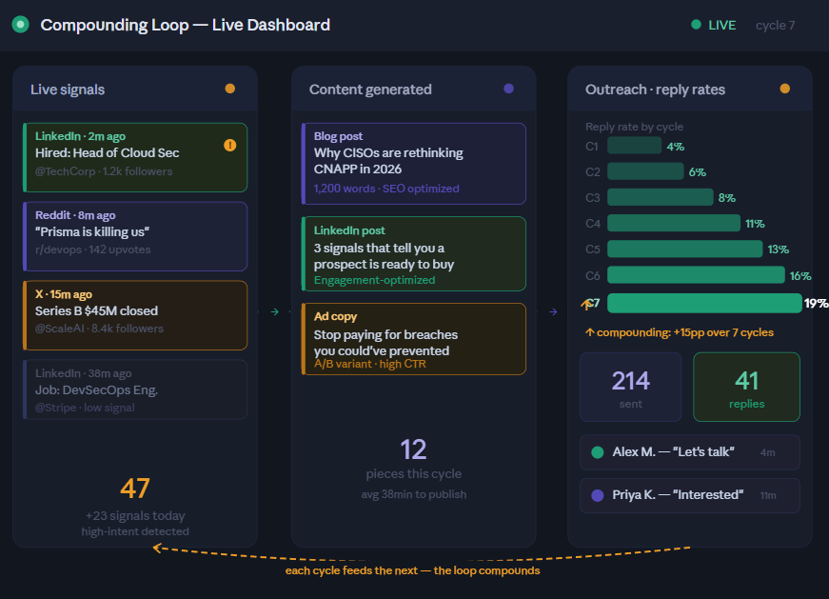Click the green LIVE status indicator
pyautogui.click(x=714, y=25)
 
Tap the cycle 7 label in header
pyautogui.click(x=775, y=26)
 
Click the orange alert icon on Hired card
pyautogui.click(x=229, y=146)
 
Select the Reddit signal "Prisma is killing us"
pyautogui.click(x=92, y=231)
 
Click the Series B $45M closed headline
pyautogui.click(x=96, y=310)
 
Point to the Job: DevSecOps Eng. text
pyautogui.click(x=96, y=389)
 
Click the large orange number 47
pyautogui.click(x=135, y=489)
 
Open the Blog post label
pyautogui.click(x=338, y=136)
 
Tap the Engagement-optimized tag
pyautogui.click(x=374, y=280)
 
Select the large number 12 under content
pyautogui.click(x=413, y=449)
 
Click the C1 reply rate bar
pyautogui.click(x=634, y=146)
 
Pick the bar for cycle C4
pyautogui.click(x=673, y=223)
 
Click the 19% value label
pyautogui.click(x=816, y=304)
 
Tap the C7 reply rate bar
pyautogui.click(x=704, y=303)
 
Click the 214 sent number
pyautogui.click(x=630, y=381)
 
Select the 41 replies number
pyautogui.click(x=747, y=381)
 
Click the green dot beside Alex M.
pyautogui.click(x=598, y=452)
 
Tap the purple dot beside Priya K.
pyautogui.click(x=598, y=495)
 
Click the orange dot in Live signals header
pyautogui.click(x=229, y=89)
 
